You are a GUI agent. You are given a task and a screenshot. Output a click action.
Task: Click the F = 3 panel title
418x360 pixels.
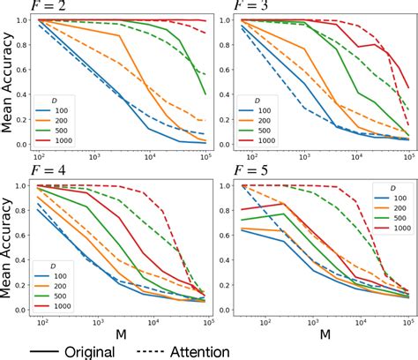(x=257, y=6)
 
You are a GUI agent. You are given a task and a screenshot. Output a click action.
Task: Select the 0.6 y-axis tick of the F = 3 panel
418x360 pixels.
(x=233, y=69)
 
